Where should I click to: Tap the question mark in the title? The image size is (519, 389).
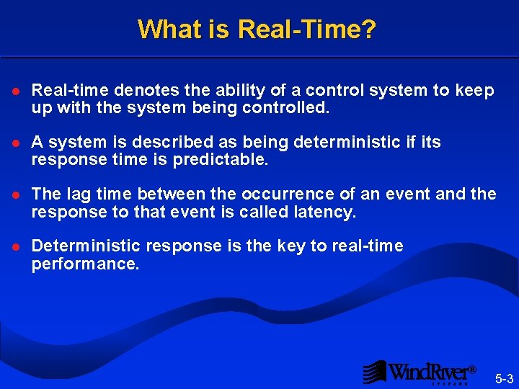coord(369,30)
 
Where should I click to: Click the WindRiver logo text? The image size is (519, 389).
coord(429,372)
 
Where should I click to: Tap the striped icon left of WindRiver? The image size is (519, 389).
coord(374,372)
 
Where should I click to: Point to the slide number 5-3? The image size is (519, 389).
coord(503,378)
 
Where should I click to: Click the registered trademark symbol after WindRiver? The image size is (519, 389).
coord(473,370)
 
